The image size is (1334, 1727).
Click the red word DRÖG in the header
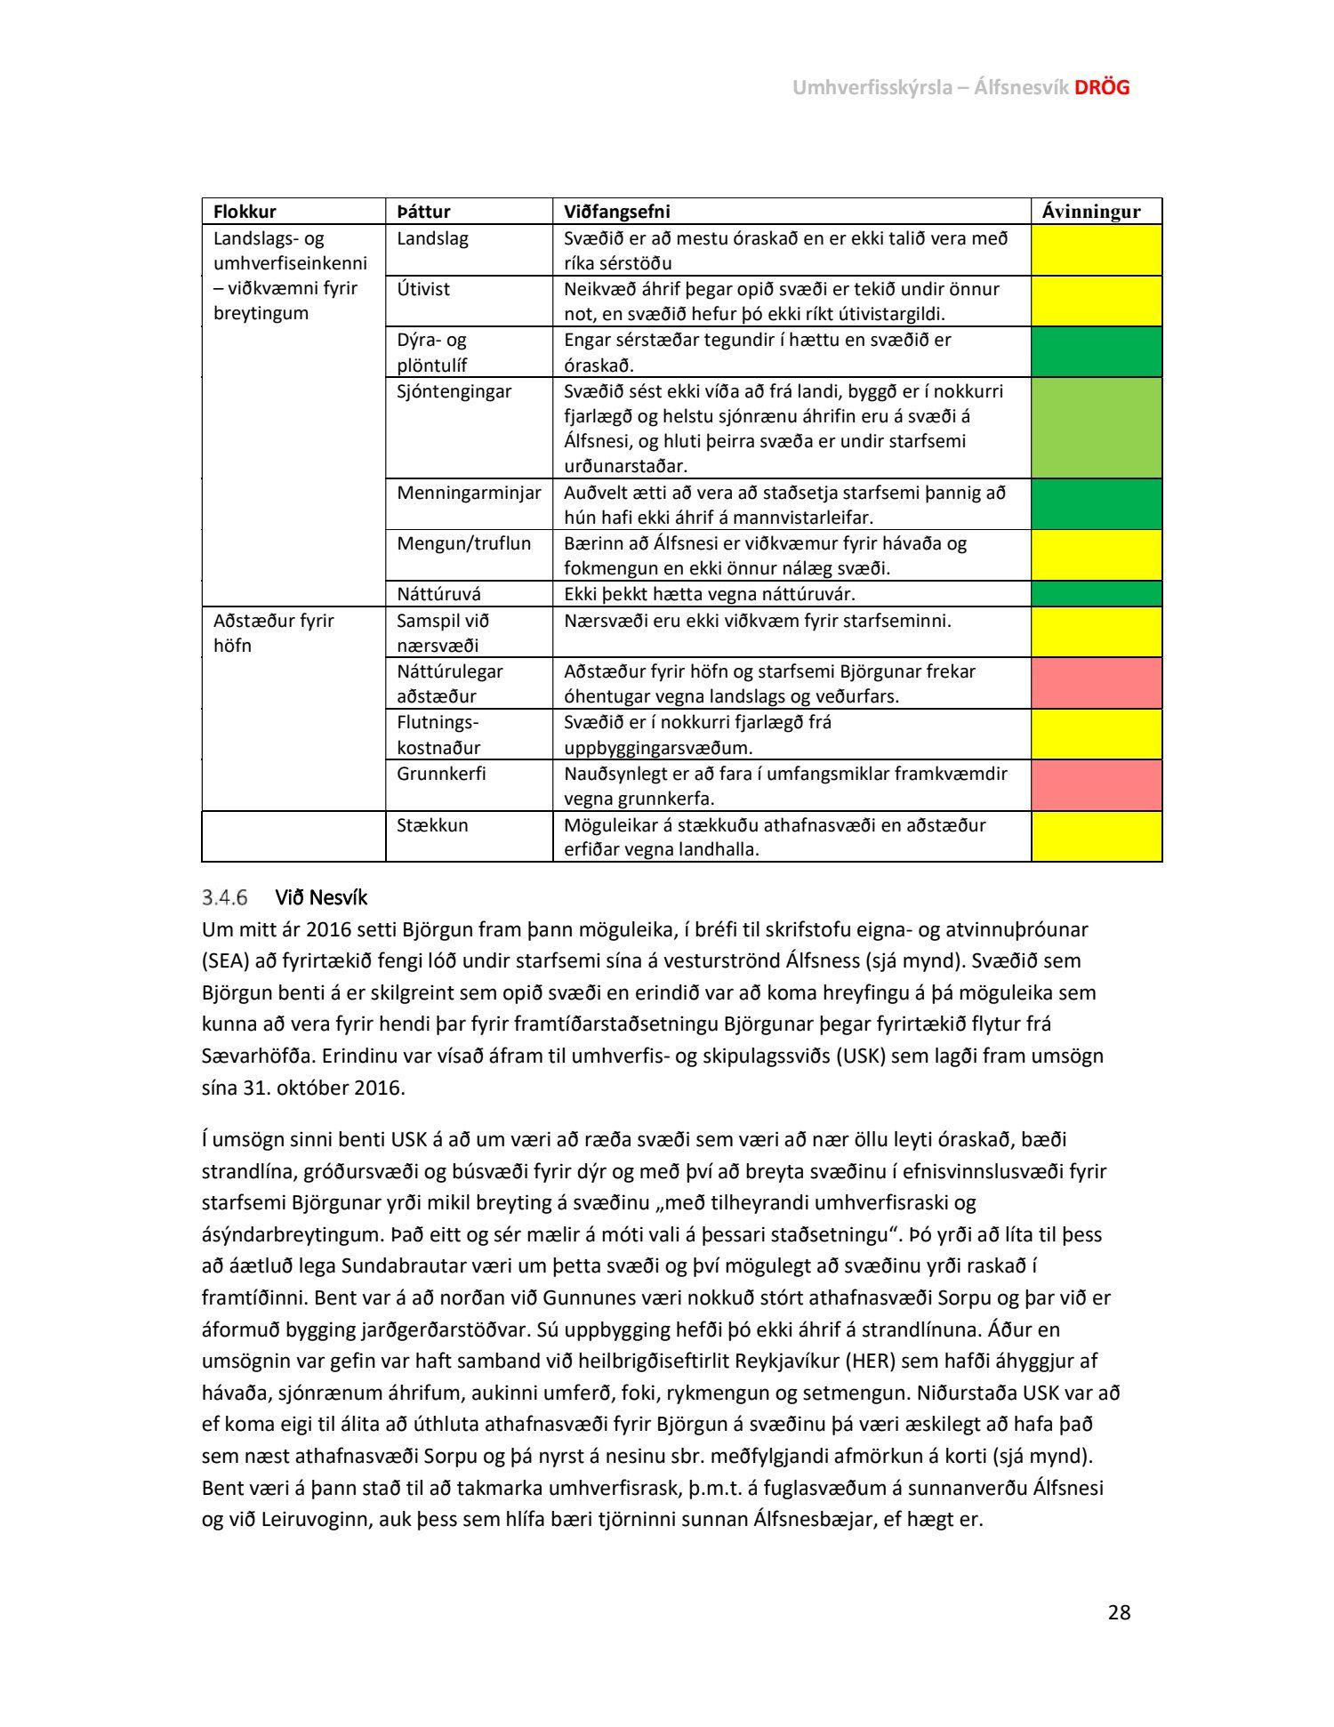click(x=1102, y=87)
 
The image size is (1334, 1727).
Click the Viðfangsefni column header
click(x=616, y=212)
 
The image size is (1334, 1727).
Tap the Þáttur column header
click(x=423, y=212)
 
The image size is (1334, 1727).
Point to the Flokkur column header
click(x=245, y=212)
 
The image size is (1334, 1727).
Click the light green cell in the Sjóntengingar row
click(x=1097, y=428)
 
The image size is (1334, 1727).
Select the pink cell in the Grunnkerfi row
click(x=1097, y=785)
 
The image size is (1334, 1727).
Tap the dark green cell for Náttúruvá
click(x=1097, y=594)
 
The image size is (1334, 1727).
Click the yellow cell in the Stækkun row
click(x=1097, y=837)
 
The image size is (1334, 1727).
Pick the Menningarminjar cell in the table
click(x=469, y=493)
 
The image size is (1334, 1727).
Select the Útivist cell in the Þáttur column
click(x=423, y=289)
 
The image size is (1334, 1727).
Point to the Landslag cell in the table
click(x=432, y=238)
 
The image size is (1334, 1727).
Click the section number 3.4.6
click(x=224, y=897)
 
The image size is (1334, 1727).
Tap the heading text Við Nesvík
click(x=321, y=897)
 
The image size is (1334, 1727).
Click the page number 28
click(x=1119, y=1612)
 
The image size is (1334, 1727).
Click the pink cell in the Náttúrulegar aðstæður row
click(x=1097, y=683)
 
